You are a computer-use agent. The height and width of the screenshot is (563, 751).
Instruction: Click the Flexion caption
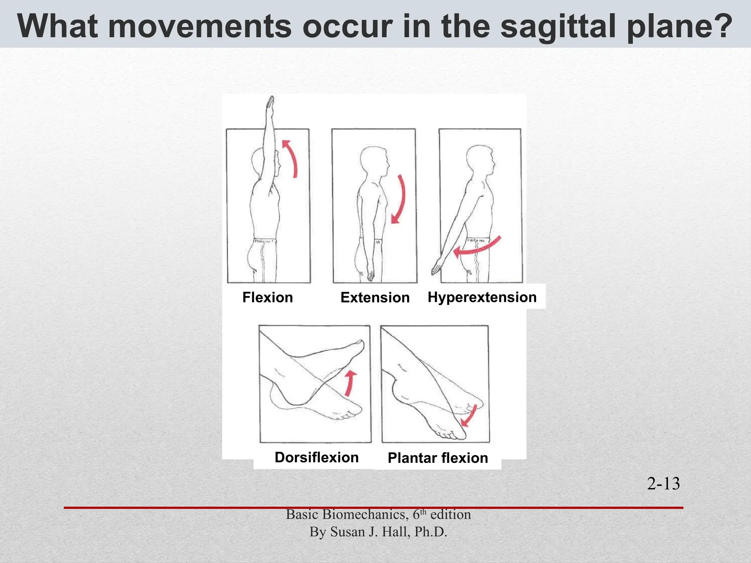tap(268, 297)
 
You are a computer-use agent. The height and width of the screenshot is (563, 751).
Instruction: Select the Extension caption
tap(375, 298)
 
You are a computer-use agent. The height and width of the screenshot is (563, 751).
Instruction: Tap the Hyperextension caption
tap(482, 297)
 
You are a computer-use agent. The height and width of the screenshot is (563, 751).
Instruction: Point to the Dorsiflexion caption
tap(316, 457)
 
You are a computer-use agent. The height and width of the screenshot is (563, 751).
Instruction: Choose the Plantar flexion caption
tap(438, 458)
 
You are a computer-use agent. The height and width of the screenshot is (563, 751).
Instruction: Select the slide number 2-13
tap(663, 483)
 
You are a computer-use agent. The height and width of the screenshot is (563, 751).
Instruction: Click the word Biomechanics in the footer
tap(365, 515)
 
